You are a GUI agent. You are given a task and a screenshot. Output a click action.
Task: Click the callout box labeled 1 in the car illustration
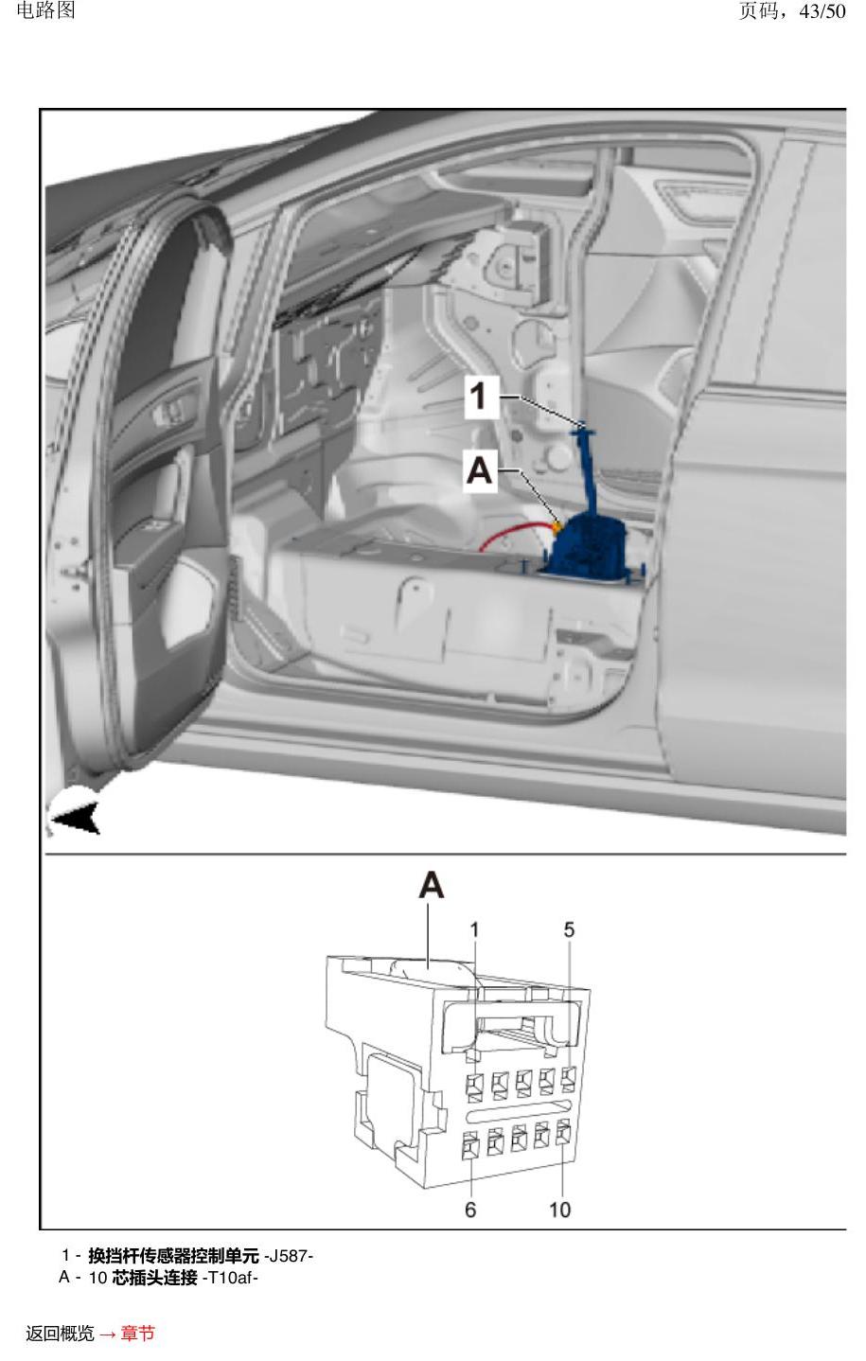point(482,397)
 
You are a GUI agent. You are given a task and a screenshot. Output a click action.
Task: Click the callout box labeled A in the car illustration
point(480,470)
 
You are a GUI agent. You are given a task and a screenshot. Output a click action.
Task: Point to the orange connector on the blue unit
point(556,526)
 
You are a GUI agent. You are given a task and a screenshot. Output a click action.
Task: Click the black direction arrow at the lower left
point(76,818)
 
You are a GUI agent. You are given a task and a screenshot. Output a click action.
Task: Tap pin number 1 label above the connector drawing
point(474,929)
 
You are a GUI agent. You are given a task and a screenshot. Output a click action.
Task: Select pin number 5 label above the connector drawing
point(569,929)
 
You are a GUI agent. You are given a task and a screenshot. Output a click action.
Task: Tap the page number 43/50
point(822,11)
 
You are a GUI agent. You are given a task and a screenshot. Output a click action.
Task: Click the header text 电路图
point(45,10)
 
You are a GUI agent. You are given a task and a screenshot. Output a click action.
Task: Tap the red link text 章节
point(138,1333)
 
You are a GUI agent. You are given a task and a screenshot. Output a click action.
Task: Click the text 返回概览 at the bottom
point(61,1333)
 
